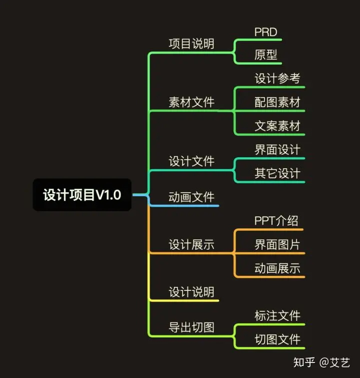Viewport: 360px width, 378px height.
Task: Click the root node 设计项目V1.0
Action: [x=82, y=195]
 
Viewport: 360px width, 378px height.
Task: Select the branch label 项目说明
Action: [x=191, y=44]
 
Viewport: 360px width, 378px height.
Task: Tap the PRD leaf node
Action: [x=265, y=32]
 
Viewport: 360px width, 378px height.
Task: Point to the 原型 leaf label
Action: [x=265, y=55]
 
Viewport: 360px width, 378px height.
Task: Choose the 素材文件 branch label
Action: [x=191, y=103]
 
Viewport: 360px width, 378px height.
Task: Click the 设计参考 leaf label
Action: [x=277, y=79]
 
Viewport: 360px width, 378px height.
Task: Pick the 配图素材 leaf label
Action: [x=277, y=103]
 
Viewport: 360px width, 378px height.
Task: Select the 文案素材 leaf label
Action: [x=277, y=126]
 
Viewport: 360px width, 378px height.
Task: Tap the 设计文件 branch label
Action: [x=191, y=161]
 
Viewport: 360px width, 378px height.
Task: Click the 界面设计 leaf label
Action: [x=277, y=150]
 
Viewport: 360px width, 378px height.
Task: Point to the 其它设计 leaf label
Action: [x=277, y=173]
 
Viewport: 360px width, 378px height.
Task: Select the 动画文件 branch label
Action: [x=191, y=197]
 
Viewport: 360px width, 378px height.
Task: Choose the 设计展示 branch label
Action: [x=191, y=244]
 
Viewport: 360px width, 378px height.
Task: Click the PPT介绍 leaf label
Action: [x=276, y=221]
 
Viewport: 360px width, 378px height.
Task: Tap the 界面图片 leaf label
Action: [x=277, y=244]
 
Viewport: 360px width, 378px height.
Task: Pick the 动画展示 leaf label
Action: [x=277, y=268]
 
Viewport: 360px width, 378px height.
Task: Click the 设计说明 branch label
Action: [x=191, y=292]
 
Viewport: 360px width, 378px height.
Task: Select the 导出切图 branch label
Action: [x=191, y=327]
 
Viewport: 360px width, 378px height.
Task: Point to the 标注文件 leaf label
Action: [x=277, y=315]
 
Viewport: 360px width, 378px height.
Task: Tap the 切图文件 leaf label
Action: [x=277, y=339]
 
